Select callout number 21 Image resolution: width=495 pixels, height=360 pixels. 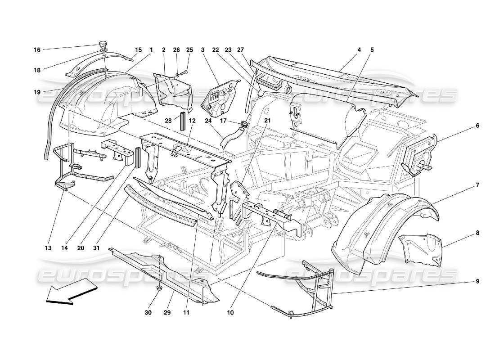click(x=267, y=121)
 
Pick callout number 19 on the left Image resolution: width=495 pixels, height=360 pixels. click(x=37, y=91)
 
